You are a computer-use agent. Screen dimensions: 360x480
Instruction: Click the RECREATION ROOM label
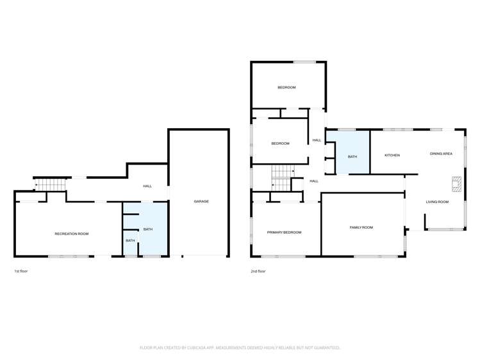click(71, 234)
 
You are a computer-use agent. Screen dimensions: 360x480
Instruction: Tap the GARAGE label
click(201, 201)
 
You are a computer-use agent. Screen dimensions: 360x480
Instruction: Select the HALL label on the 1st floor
click(147, 186)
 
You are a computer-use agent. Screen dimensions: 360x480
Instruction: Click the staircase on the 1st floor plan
click(50, 184)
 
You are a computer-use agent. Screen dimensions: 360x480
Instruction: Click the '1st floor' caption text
click(21, 271)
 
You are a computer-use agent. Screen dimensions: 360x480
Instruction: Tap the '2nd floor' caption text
click(258, 271)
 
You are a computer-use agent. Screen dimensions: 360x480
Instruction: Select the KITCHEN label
click(392, 155)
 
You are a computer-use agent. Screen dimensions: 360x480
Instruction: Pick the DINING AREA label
click(441, 154)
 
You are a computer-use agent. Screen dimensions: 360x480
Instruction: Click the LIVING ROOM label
click(437, 202)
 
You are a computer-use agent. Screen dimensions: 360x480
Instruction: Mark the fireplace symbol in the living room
click(456, 184)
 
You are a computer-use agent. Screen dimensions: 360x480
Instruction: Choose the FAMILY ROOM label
click(361, 227)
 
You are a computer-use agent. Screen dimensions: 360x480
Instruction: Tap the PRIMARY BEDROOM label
click(284, 232)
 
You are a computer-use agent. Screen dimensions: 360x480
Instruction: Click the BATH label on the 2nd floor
click(352, 156)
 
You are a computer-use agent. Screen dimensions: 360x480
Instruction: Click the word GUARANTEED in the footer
click(324, 347)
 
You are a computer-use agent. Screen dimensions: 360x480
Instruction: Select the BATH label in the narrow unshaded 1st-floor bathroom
click(130, 240)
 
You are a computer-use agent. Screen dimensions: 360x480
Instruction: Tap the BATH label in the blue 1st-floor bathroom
click(148, 229)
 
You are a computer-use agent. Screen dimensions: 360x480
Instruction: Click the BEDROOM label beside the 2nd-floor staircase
click(280, 143)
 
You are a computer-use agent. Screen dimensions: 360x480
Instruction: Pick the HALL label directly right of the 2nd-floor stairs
click(314, 181)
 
